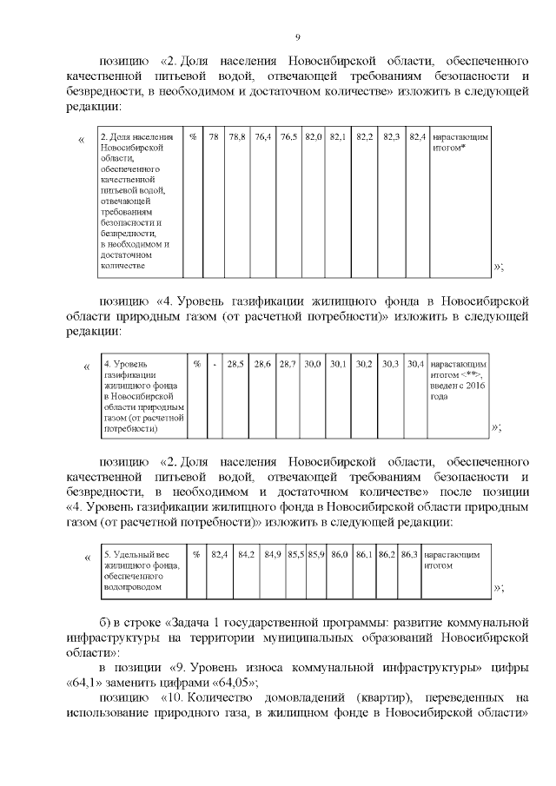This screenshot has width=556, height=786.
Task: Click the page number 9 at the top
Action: pos(297,37)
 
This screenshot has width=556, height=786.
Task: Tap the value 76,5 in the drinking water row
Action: pos(288,138)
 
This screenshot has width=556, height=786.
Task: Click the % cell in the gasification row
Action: pos(197,364)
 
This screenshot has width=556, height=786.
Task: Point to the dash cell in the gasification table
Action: pos(214,364)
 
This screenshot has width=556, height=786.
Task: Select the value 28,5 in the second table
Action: pos(235,364)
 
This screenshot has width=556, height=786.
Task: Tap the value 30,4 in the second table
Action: pos(416,364)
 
